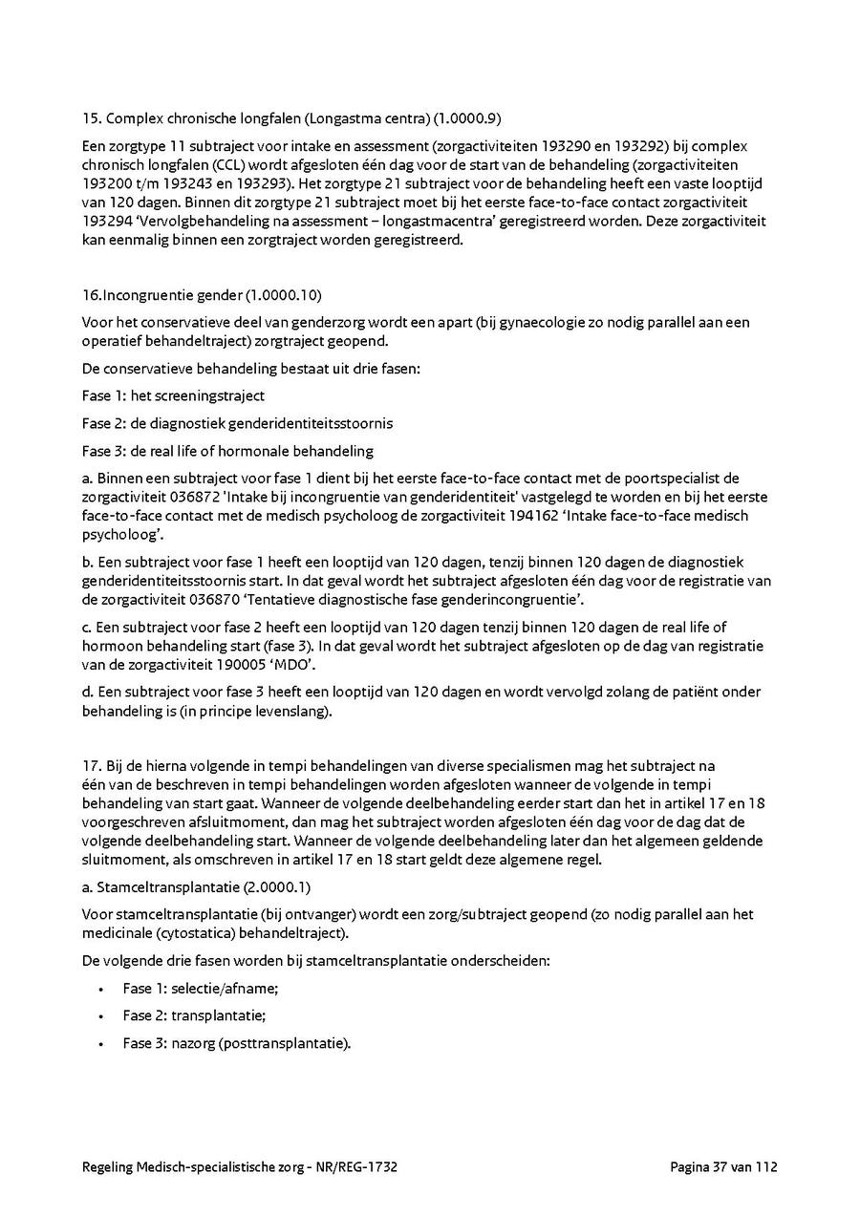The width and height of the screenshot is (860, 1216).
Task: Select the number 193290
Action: click(x=565, y=147)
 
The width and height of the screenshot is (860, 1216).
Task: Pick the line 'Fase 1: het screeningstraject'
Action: click(x=173, y=395)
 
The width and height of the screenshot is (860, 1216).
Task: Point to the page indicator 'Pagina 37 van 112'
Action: click(x=724, y=1166)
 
